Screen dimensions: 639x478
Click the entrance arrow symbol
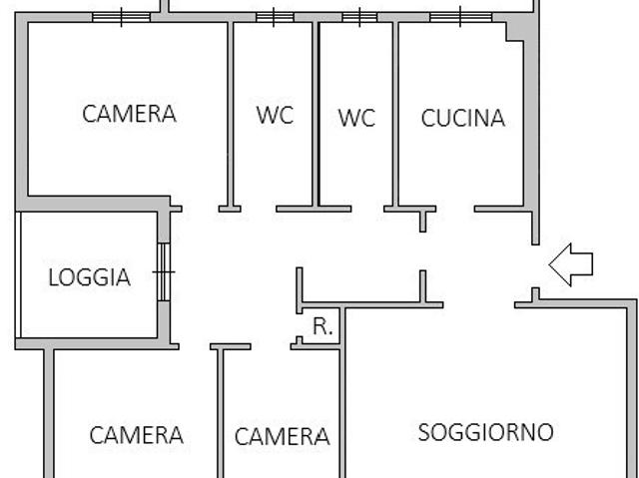(570, 264)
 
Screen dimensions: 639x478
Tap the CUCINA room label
(463, 118)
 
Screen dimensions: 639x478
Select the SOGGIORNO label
(486, 432)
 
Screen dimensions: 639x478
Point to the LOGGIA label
(89, 277)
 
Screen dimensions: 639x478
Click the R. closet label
(322, 326)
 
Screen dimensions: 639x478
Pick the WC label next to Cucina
(356, 118)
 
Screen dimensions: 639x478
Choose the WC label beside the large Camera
(276, 115)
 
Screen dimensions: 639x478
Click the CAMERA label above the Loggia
(129, 114)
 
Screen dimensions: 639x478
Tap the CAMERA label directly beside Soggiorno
(282, 436)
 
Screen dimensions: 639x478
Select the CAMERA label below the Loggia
(136, 435)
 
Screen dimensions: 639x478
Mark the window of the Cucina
(460, 17)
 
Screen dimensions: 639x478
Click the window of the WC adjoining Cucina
(359, 17)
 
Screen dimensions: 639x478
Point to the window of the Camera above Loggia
(122, 17)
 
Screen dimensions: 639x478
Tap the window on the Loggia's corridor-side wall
(164, 272)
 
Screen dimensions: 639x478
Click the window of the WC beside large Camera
(276, 17)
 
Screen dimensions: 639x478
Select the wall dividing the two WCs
(316, 114)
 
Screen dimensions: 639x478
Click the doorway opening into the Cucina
(455, 210)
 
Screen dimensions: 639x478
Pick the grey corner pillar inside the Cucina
(515, 32)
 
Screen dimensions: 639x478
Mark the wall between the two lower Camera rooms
(221, 411)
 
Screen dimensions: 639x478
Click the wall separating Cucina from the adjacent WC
(395, 114)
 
